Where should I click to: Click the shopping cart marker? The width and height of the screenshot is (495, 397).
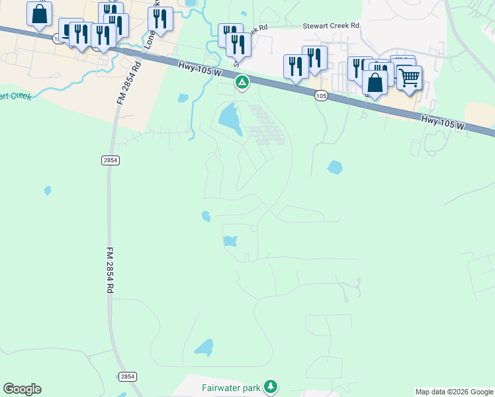[409, 77]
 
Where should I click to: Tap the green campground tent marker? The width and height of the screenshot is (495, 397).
[243, 83]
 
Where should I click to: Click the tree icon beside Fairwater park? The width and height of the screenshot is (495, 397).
[270, 386]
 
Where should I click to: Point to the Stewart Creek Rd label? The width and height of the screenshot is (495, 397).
[330, 25]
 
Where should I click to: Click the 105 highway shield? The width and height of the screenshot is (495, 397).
[321, 96]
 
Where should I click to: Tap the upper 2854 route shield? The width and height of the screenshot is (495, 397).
[110, 160]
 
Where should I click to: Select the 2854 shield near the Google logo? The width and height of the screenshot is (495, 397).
[128, 376]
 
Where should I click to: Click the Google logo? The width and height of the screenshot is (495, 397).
[22, 389]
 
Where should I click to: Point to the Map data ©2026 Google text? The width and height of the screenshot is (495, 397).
[454, 392]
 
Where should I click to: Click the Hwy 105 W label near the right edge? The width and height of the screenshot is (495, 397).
[443, 121]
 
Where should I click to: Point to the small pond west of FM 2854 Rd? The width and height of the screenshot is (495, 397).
[48, 191]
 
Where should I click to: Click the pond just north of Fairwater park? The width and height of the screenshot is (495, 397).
[204, 347]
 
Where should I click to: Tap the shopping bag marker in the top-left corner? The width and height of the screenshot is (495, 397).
[39, 14]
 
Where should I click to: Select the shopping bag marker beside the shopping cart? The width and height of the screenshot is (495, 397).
[375, 83]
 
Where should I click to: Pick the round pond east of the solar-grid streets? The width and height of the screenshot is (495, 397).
[334, 167]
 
